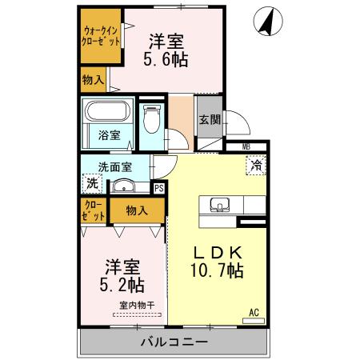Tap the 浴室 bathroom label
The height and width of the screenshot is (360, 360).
tap(110, 135)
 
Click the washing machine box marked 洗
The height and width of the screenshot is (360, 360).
tap(91, 183)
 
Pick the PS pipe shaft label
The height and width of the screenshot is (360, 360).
tap(158, 188)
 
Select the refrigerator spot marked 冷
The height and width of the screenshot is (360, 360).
tap(256, 166)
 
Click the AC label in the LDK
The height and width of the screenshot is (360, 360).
tap(254, 312)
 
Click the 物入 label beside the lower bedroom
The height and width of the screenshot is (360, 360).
tap(137, 210)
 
